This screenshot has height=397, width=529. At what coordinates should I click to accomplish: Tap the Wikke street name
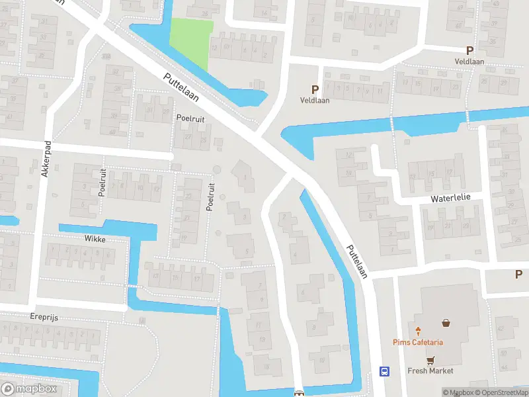(95, 238)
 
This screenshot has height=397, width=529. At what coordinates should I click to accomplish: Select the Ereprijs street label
(44, 318)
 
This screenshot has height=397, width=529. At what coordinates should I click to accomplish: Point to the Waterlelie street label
(452, 197)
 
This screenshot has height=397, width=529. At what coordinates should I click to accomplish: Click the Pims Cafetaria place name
(418, 342)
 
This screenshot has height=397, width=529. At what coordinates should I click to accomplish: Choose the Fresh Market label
(430, 371)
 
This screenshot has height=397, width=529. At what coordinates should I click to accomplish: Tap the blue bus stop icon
(384, 372)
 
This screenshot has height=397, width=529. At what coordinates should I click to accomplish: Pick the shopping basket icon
(446, 324)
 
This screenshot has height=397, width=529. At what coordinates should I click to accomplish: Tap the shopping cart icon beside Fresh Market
(431, 361)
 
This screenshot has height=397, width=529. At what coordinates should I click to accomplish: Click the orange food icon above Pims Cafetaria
(418, 330)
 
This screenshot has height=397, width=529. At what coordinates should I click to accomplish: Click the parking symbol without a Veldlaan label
(519, 275)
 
